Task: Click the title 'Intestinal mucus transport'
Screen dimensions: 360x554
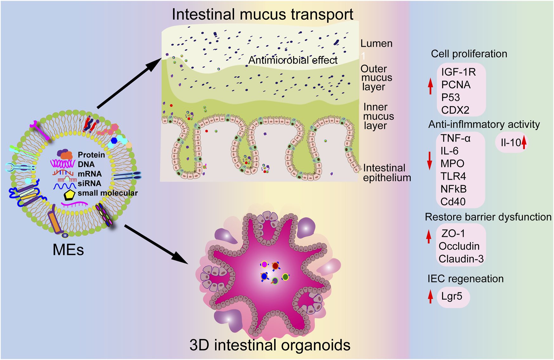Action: click(262, 15)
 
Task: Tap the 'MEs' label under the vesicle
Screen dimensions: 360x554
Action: click(68, 250)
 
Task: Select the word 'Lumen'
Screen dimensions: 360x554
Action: click(377, 43)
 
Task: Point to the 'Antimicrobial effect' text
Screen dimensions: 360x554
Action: click(293, 60)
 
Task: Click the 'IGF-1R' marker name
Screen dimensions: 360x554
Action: click(459, 72)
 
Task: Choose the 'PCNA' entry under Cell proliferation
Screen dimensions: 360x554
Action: click(456, 85)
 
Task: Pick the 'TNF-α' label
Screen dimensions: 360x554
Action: click(455, 138)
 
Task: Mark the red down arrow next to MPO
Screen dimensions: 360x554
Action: click(430, 161)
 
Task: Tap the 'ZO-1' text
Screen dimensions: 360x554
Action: click(453, 234)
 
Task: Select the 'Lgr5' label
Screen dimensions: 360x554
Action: click(452, 297)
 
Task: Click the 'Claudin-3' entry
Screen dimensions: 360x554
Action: click(461, 259)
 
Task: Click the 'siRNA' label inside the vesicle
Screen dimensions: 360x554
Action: click(89, 183)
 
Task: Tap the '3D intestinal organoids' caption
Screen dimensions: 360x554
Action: click(270, 345)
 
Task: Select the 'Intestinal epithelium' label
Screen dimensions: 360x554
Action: click(387, 173)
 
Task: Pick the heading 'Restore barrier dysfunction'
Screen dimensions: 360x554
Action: click(488, 217)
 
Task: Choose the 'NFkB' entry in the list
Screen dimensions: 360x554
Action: click(454, 189)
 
